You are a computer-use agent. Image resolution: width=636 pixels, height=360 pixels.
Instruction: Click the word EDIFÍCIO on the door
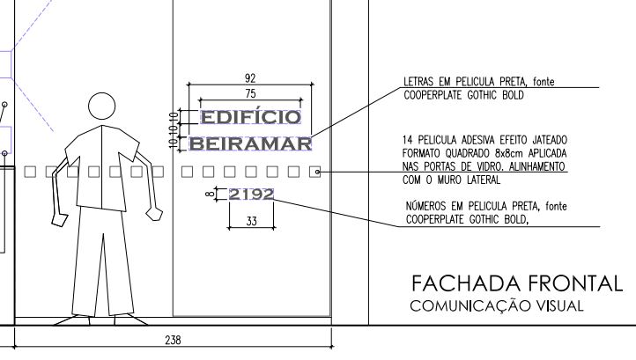251,117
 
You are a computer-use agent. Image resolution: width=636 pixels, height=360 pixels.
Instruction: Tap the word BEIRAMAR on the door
251,143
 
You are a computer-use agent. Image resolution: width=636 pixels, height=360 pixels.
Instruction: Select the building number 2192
251,195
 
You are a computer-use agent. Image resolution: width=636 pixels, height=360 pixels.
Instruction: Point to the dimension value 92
250,77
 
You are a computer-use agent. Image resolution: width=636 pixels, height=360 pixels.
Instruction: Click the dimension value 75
250,93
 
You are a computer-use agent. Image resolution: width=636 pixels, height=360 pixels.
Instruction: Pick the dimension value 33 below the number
251,221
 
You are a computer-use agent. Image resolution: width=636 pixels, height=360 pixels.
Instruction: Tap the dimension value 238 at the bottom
173,340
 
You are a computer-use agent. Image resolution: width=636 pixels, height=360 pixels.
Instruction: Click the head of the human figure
101,107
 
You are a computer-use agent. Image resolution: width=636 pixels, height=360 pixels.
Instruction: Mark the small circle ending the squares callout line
317,173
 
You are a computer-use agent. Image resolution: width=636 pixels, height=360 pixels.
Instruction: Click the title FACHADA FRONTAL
517,283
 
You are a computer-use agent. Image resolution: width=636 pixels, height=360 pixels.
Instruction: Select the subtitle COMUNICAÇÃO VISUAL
497,305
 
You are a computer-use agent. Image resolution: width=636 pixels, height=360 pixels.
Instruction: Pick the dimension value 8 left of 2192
210,194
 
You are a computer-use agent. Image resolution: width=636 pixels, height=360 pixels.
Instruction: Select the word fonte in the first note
544,82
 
